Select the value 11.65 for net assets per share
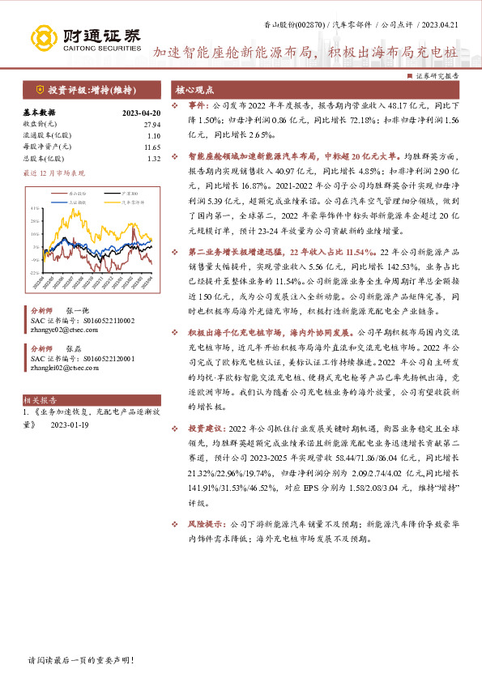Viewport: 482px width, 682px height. tap(151, 147)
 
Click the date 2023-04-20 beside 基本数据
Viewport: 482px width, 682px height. tap(141, 113)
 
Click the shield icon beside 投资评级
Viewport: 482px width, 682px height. tap(40, 90)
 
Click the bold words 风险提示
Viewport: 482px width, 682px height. tap(207, 524)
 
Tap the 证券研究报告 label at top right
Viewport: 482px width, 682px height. tap(436, 75)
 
